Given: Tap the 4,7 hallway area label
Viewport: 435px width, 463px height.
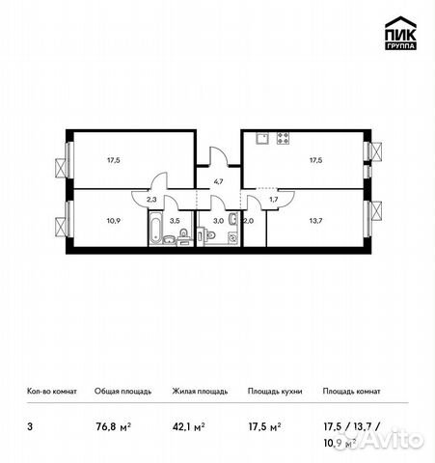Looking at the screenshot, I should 218,180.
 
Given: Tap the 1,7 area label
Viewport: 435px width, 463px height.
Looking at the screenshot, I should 273,199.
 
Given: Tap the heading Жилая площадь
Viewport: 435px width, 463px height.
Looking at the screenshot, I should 199,391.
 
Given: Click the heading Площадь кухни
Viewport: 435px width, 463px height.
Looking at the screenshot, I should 274,391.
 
